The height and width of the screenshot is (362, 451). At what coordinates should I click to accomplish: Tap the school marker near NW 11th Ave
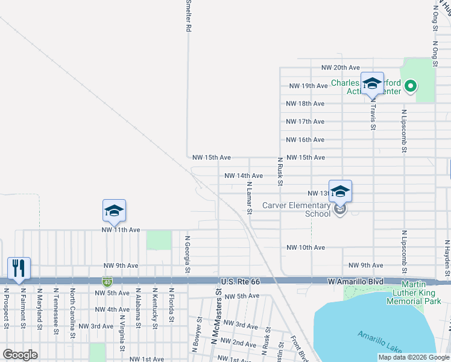(114, 211)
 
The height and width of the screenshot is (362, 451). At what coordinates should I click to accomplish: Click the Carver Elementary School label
(296, 209)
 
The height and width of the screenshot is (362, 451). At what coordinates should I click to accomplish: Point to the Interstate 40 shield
(106, 282)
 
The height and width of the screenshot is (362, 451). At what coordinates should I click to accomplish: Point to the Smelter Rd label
(189, 16)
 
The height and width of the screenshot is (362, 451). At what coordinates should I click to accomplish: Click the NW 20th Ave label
(340, 68)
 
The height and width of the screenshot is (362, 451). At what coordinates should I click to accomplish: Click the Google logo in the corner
(20, 355)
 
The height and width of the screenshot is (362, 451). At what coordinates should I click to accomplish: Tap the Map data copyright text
(413, 357)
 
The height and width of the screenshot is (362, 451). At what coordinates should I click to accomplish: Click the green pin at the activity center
(411, 86)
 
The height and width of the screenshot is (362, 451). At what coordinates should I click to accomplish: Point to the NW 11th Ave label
(121, 230)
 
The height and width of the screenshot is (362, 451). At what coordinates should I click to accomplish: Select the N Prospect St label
(6, 308)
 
